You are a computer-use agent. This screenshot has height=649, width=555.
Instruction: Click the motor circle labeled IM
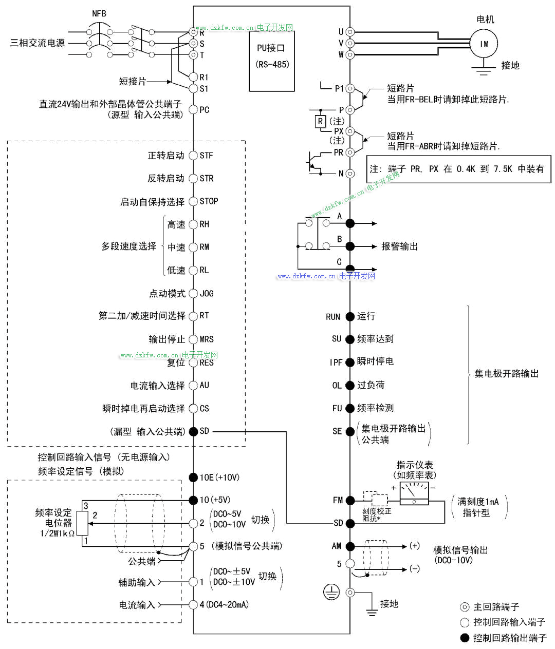coord(484,44)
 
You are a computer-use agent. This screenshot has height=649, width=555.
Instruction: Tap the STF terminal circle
coord(193,156)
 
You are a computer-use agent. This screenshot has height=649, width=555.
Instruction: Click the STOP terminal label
coord(209,201)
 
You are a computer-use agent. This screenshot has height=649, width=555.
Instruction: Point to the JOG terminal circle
coord(193,294)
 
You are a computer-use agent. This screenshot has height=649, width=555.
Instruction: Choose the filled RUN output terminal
coord(350,317)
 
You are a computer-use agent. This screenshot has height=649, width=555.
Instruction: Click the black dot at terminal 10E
coord(193,478)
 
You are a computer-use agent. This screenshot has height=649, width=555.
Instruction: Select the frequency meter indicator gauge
coord(414,493)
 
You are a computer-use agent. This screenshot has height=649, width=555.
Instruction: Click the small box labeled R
coord(320,122)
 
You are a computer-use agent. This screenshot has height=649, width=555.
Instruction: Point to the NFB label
coord(99,13)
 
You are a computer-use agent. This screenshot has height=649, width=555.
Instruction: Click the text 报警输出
coord(399,246)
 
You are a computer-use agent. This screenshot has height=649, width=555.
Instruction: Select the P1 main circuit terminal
coord(350,88)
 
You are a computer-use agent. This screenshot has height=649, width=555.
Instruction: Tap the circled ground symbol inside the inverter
coord(331,592)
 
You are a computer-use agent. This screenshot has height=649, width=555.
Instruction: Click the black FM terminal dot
coord(350,500)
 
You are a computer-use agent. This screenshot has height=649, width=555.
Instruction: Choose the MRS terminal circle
coord(193,339)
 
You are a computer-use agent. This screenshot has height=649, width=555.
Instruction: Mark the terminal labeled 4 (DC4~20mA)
coord(193,605)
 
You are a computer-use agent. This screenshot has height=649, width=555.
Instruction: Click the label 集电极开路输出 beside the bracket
coord(506,374)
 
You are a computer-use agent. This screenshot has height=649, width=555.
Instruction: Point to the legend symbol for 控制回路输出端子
coord(465,638)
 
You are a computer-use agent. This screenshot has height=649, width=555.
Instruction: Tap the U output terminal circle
coord(350,32)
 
